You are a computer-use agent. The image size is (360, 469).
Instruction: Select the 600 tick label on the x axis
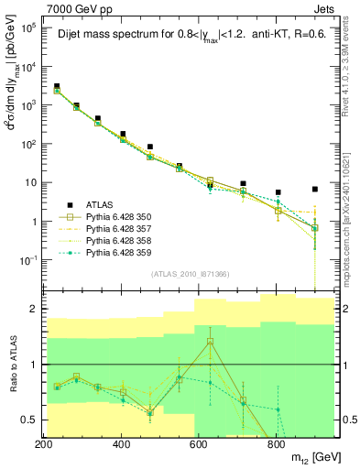[199, 444]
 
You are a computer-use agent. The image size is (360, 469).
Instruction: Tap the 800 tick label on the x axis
[277, 444]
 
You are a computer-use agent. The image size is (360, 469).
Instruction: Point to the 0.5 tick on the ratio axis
[31, 420]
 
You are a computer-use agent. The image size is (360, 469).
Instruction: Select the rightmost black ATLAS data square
[315, 190]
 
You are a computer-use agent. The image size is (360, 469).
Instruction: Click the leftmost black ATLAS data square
[57, 86]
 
